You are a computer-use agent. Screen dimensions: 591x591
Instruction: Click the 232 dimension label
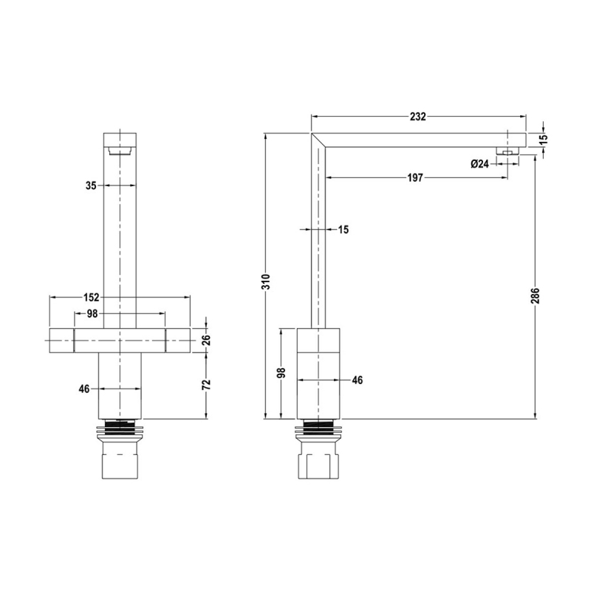click(418, 117)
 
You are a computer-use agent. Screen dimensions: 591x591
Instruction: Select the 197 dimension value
click(414, 178)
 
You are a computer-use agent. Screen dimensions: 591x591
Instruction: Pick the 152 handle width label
click(90, 297)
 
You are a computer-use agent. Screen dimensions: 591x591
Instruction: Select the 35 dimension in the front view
click(90, 186)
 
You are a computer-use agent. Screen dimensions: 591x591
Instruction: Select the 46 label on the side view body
click(357, 380)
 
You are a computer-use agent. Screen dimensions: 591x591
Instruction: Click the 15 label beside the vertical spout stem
click(343, 230)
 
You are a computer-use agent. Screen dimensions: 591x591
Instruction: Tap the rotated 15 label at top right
click(544, 139)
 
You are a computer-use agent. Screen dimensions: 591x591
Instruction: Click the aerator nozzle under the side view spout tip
click(508, 151)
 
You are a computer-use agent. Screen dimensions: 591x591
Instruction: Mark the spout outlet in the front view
click(119, 151)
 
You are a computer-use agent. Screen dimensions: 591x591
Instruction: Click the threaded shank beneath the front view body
click(119, 426)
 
